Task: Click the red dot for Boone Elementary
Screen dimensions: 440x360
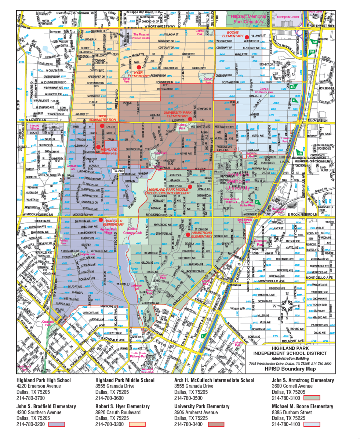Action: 247,37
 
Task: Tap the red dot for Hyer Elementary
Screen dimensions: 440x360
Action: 139,67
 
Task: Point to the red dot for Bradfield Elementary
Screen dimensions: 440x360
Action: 101,220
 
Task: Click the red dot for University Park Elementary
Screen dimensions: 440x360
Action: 190,119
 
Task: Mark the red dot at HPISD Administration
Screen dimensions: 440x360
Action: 102,126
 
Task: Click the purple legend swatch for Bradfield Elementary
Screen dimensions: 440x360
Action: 57,424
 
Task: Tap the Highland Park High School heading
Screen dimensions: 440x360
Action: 44,380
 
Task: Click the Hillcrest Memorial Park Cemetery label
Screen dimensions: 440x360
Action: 247,19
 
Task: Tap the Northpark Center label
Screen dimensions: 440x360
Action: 288,17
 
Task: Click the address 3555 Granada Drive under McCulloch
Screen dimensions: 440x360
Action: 193,386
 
